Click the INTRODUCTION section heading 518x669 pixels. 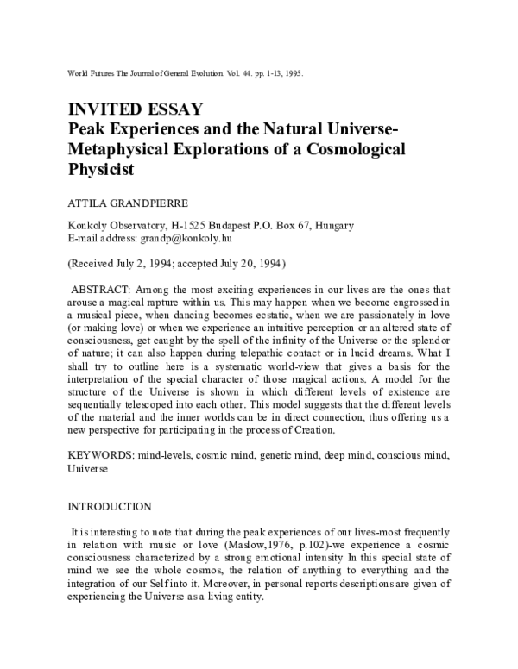[109, 506]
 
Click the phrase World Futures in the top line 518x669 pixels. [91, 75]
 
